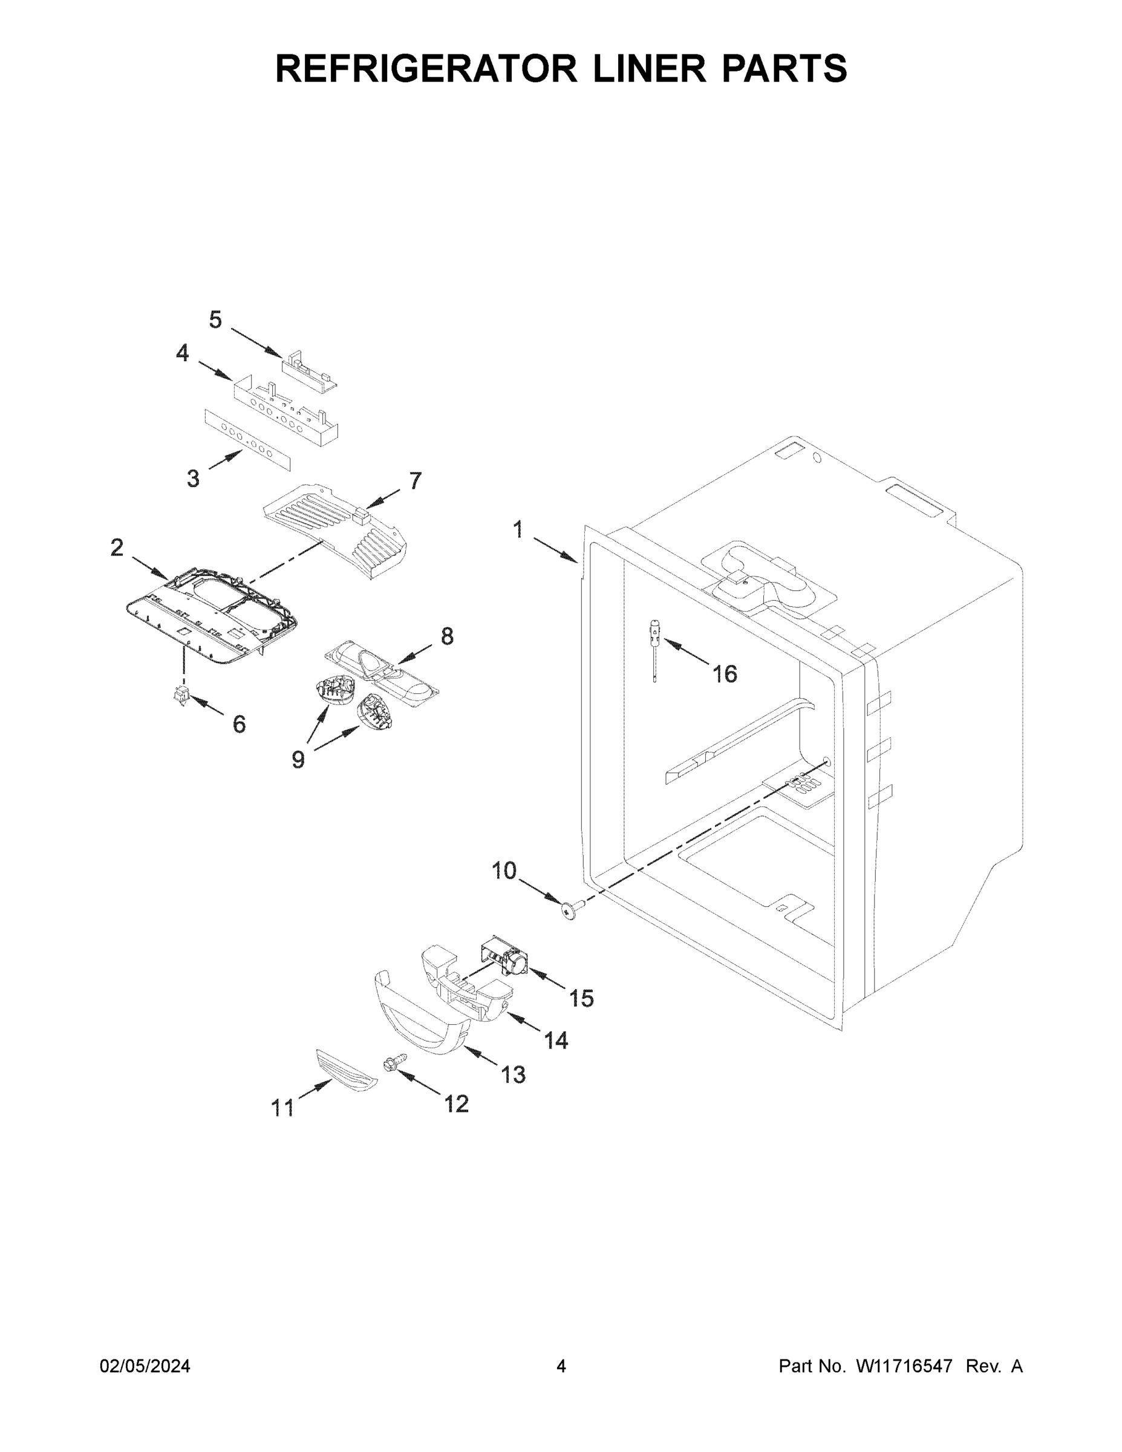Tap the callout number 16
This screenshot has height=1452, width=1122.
725,674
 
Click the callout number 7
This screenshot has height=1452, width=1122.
416,481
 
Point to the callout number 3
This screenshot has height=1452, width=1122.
193,478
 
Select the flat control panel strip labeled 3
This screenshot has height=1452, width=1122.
247,439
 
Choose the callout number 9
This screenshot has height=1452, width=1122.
298,759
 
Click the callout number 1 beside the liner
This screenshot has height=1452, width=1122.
518,530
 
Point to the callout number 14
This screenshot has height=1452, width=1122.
556,1041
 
